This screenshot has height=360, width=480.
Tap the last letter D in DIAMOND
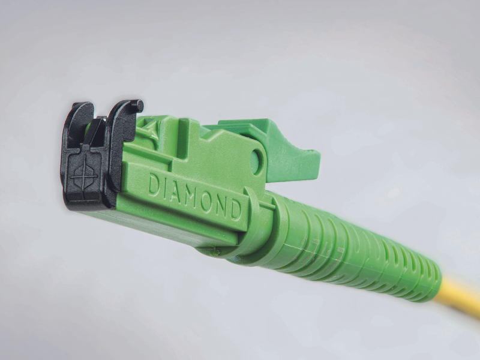click(236, 209)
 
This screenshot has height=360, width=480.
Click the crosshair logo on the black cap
click(83, 175)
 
